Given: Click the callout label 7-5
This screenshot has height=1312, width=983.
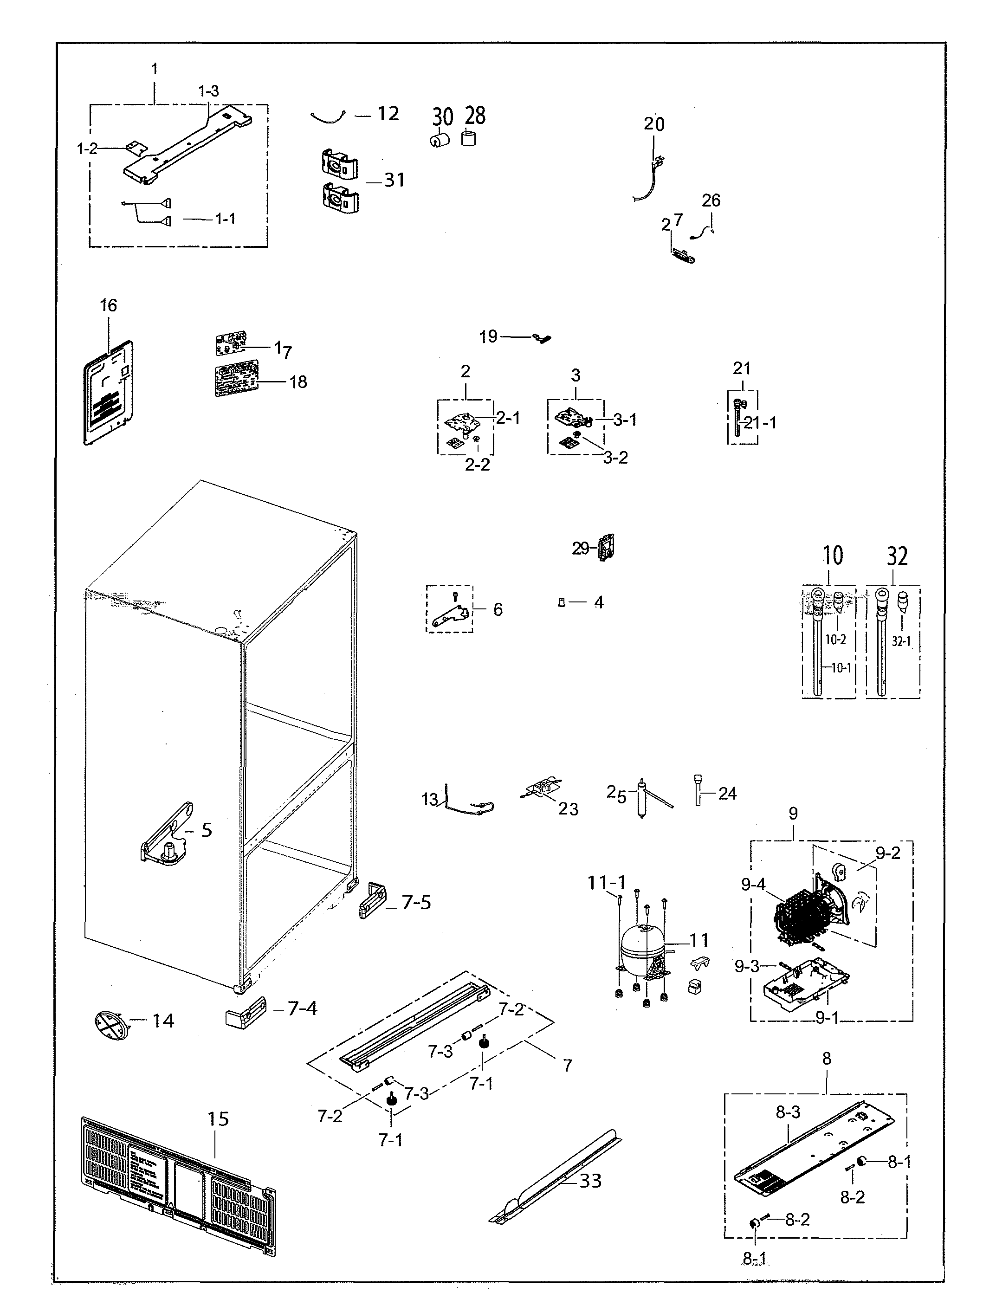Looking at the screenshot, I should click(x=416, y=902).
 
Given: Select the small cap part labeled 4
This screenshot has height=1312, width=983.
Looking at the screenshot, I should click(x=561, y=602).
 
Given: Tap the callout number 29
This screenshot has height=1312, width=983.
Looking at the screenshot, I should click(x=580, y=548).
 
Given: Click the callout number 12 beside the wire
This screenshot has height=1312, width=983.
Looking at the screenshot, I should click(x=388, y=114).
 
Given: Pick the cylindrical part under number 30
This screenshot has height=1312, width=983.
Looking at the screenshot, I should click(x=439, y=141).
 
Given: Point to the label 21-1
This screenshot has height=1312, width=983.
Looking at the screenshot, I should click(x=760, y=423).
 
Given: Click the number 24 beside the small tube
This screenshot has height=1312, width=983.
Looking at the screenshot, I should click(x=727, y=793).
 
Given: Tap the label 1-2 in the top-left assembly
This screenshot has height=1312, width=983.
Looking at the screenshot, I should click(x=87, y=149).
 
